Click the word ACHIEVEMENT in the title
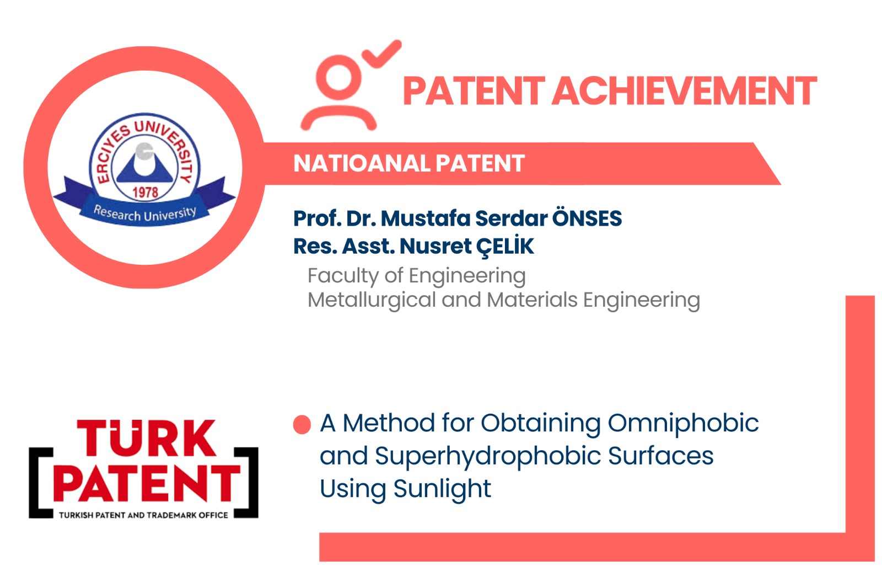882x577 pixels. pos(684,91)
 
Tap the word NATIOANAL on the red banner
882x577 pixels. pos(362,163)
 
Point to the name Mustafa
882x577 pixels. pos(425,218)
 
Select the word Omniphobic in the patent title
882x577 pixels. pos(683,424)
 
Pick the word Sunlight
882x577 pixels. pos(442,489)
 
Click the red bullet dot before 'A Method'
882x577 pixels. pos(302,425)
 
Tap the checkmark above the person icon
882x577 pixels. pos(382,54)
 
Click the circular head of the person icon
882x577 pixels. pos(338,77)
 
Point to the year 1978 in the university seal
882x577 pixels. pos(146,193)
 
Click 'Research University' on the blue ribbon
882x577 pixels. pos(144,214)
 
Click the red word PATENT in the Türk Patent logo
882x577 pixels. pos(147,483)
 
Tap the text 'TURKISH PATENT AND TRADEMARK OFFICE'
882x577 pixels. pos(143,515)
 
